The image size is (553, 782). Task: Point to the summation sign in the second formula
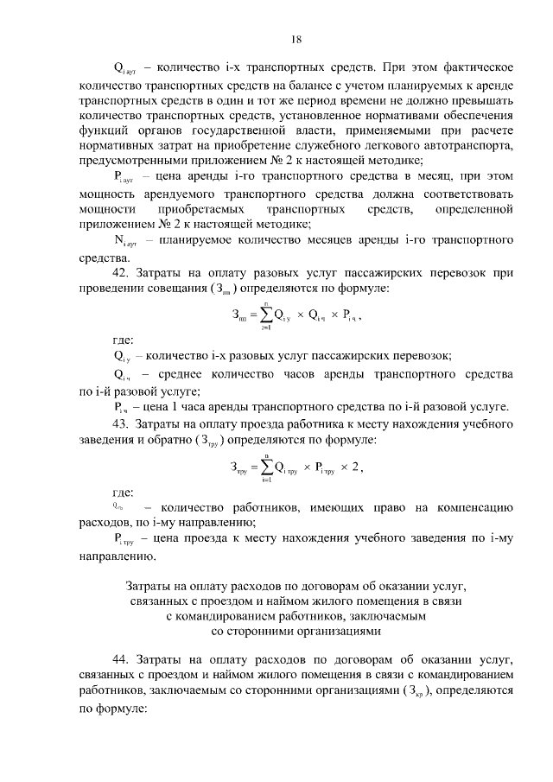[x=264, y=467]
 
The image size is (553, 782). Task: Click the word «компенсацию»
[x=469, y=508]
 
